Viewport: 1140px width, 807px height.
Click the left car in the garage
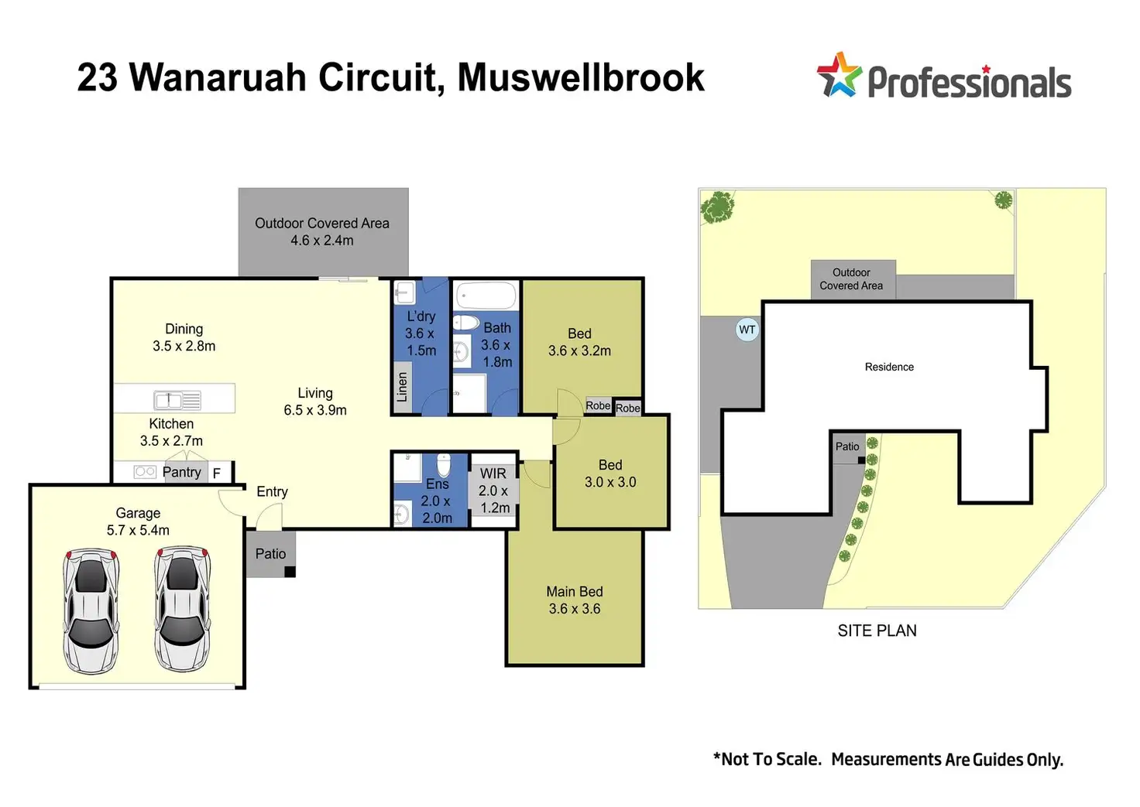pos(91,611)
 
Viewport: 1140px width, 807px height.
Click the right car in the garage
pos(182,609)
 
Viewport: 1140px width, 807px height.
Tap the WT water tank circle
pos(747,330)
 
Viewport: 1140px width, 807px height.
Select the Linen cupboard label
pos(402,387)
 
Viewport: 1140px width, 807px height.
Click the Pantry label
pos(182,473)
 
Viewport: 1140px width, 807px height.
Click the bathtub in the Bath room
pos(486,296)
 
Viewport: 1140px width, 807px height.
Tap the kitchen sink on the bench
pos(177,400)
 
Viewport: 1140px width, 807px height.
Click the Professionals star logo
pos(840,75)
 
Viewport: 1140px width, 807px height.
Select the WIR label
pos(493,474)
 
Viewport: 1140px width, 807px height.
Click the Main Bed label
pos(575,592)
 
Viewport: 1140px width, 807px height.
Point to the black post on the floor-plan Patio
pos(290,572)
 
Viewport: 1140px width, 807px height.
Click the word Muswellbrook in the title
pos(581,78)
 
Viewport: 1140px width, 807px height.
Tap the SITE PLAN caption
pos(877,631)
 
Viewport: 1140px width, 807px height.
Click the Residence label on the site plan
pos(889,367)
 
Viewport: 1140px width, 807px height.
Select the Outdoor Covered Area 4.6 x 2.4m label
pos(322,231)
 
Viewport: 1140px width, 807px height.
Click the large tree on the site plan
pos(718,207)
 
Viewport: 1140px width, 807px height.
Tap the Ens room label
pos(437,484)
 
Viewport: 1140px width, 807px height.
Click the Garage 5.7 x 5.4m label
pos(138,521)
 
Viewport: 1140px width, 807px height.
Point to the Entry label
pos(273,492)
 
